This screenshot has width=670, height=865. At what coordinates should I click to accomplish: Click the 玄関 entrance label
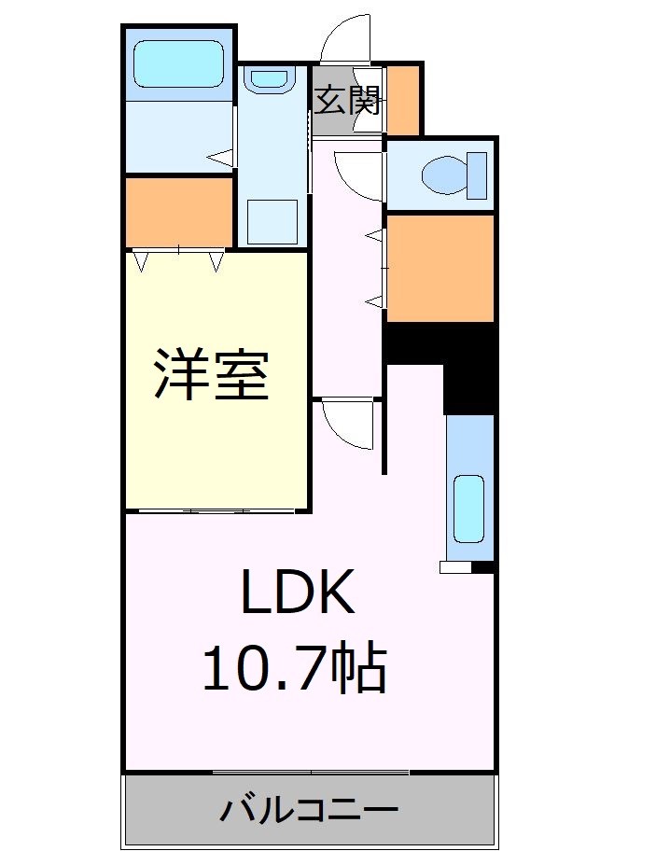[x=346, y=100]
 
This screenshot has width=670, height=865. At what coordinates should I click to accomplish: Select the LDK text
[x=299, y=593]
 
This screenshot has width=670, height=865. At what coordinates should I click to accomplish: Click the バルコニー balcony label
[x=309, y=809]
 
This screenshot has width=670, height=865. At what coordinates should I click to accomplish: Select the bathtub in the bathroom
[x=179, y=65]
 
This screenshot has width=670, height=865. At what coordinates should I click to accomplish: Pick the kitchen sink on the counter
[x=468, y=508]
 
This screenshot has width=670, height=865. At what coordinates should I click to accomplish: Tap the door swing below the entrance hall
[x=358, y=174]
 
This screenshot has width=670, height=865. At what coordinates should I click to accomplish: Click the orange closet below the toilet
[x=440, y=268]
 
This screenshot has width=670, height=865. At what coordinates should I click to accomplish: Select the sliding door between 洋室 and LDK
[x=216, y=510]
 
